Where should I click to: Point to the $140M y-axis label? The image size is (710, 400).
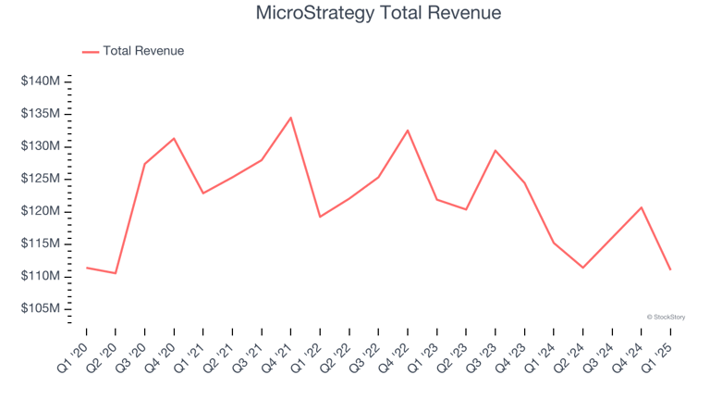click(x=41, y=81)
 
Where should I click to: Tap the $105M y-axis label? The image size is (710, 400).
click(x=41, y=308)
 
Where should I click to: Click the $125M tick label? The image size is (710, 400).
click(x=41, y=179)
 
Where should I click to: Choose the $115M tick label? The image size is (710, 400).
click(x=41, y=244)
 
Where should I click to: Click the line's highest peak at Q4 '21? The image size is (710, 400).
click(x=291, y=118)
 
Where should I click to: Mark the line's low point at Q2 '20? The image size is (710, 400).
click(x=116, y=273)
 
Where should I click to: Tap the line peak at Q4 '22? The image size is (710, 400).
click(x=408, y=131)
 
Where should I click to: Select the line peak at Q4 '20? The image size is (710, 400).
click(x=174, y=139)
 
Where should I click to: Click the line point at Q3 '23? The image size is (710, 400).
click(x=496, y=151)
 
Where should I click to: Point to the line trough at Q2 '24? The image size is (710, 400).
click(x=583, y=268)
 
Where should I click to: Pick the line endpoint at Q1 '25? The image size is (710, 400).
click(x=670, y=269)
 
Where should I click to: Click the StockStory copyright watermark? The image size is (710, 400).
click(x=666, y=317)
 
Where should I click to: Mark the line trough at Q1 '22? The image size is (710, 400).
click(x=320, y=217)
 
